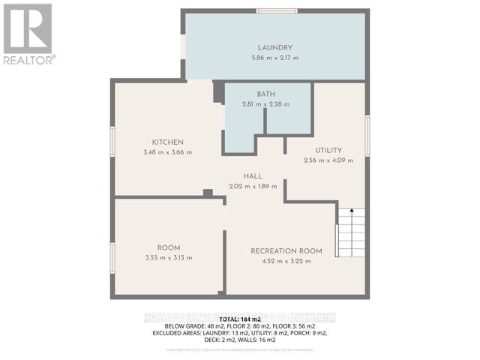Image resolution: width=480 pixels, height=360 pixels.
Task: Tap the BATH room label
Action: click(x=266, y=94)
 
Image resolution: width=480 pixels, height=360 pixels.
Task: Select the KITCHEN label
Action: click(x=168, y=142)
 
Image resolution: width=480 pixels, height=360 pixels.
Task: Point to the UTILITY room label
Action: click(x=328, y=150)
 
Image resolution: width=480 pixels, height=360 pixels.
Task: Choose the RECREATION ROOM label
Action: click(x=287, y=251)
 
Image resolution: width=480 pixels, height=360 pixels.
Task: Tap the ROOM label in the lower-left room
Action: click(x=168, y=247)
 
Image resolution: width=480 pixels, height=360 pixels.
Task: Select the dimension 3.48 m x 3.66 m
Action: click(x=168, y=152)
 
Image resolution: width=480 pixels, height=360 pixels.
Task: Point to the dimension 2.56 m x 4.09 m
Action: click(x=328, y=160)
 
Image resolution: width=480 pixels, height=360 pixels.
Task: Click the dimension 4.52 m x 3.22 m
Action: click(x=287, y=261)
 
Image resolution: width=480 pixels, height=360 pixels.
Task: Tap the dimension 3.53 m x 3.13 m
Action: click(x=168, y=257)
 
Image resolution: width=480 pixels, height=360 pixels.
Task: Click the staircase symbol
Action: click(x=350, y=232)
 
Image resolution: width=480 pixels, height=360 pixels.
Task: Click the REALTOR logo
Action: click(x=28, y=32)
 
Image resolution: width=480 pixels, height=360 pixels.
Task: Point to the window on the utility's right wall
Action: click(x=367, y=136)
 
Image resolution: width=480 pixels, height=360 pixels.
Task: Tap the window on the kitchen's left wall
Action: click(x=112, y=142)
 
